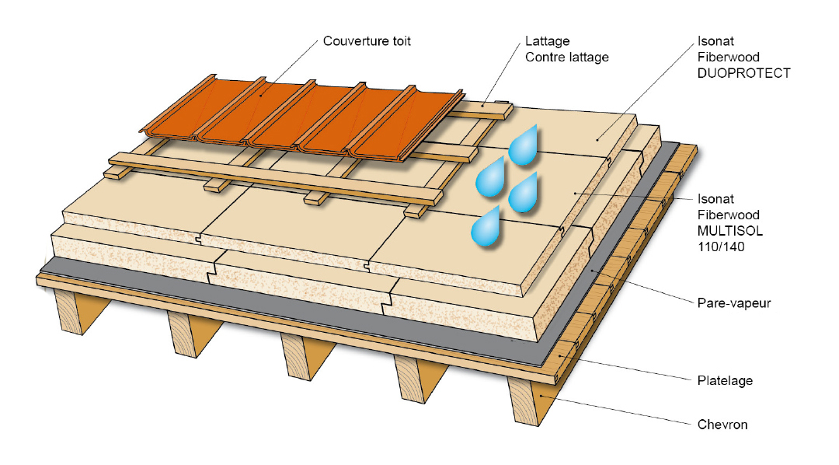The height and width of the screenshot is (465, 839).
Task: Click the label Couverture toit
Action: pos(367,41)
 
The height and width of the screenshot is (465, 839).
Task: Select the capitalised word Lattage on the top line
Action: pos(548,41)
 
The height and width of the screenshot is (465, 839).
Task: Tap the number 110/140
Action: pos(715,246)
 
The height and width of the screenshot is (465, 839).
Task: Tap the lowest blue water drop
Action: pos(486,228)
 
